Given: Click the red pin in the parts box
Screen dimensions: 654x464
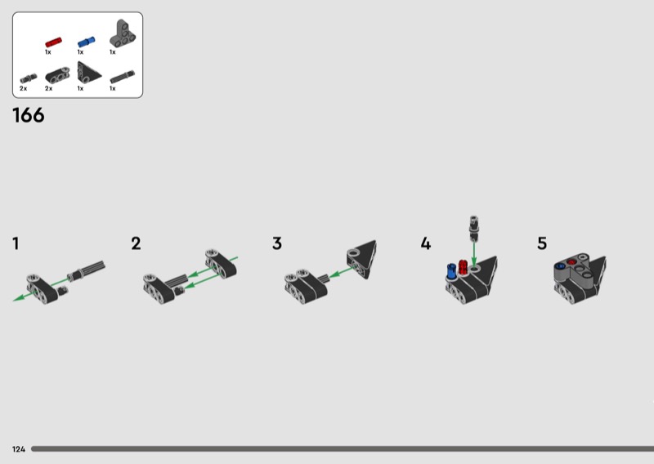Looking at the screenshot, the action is click(x=53, y=42).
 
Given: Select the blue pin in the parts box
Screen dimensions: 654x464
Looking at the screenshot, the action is click(x=87, y=42).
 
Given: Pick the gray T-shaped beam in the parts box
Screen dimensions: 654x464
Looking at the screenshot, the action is click(x=123, y=33).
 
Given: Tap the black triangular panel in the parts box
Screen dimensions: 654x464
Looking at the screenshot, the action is click(x=88, y=73).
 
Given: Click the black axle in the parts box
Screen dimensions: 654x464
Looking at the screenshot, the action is click(x=122, y=77).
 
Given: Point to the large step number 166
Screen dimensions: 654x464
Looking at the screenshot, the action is click(x=29, y=115).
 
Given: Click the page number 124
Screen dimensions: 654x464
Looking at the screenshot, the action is click(x=19, y=449).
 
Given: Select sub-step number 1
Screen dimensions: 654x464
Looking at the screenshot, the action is click(x=16, y=243).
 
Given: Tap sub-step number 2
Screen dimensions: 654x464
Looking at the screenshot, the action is click(x=136, y=243).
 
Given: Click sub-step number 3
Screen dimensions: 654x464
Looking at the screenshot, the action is click(x=277, y=243).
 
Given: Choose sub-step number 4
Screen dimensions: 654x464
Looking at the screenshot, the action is click(x=425, y=243).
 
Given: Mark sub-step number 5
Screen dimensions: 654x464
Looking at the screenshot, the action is click(x=542, y=243).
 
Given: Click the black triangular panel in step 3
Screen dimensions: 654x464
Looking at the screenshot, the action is click(x=362, y=259).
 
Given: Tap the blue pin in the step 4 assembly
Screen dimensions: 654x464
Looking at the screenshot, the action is click(x=451, y=271).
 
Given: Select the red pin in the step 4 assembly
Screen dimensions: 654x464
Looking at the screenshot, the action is click(x=464, y=267).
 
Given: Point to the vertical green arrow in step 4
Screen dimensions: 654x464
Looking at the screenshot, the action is click(x=474, y=253).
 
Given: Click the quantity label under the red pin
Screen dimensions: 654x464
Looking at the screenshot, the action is click(x=48, y=52).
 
